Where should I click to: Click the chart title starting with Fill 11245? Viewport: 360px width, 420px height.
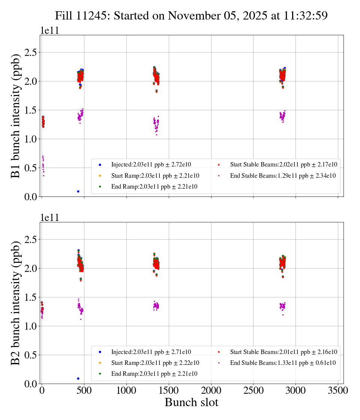(191, 16)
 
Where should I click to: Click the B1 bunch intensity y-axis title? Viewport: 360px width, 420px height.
(15, 116)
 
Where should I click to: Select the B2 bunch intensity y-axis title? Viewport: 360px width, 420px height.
(15, 303)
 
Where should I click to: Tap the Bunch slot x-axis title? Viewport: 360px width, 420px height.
(191, 402)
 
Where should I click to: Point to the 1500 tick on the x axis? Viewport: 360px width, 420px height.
(169, 390)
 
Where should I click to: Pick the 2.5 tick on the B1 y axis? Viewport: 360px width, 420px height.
(31, 52)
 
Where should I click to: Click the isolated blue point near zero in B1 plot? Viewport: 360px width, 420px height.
(78, 191)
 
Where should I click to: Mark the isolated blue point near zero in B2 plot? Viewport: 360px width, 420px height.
(78, 378)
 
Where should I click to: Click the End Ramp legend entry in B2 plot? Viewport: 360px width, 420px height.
(154, 374)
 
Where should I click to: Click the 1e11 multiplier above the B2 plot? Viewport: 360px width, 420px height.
(49, 218)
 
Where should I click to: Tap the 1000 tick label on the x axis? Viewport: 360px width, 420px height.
(126, 390)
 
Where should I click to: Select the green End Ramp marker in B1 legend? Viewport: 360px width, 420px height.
(100, 187)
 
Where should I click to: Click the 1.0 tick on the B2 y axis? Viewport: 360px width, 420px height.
(31, 326)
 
